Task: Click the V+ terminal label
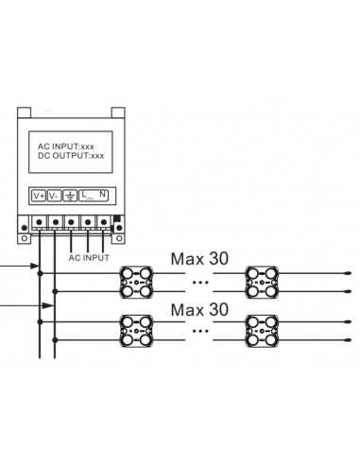[x=39, y=196]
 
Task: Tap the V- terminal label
[x=55, y=196]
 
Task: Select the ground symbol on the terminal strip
[x=70, y=196]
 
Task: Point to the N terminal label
[x=103, y=196]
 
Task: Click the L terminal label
[x=87, y=196]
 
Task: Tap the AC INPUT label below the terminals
[x=89, y=255]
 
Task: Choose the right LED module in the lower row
[x=262, y=332]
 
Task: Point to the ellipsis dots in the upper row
[x=200, y=282]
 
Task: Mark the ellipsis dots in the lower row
[x=200, y=332]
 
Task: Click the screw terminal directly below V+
[x=40, y=224]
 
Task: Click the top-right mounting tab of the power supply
[x=116, y=108]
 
